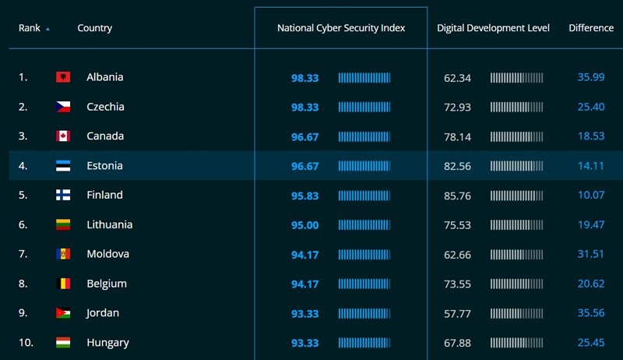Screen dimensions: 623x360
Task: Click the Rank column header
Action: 30,28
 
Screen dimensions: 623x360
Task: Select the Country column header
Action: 94,28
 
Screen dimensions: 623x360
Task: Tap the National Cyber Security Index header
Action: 341,28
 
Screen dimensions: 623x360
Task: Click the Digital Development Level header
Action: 493,28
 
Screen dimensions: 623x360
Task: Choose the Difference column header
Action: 591,28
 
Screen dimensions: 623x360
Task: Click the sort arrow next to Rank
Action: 48,29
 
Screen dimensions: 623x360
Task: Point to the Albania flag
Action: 63,77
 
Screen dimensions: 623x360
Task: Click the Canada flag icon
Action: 63,136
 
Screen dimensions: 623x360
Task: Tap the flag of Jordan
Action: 63,313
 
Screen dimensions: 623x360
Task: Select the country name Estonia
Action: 104,166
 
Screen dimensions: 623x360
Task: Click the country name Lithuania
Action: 110,224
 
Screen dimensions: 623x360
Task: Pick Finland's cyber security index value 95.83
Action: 304,196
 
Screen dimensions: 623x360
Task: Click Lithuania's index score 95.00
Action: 304,225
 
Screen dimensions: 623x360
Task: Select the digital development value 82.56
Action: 457,166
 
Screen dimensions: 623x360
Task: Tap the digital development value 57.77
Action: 457,314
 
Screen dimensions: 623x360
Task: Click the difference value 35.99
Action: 591,77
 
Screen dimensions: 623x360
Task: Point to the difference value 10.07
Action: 591,195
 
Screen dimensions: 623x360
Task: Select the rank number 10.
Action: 26,343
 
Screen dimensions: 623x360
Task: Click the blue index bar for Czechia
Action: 364,108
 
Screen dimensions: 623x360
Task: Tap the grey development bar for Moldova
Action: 516,255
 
